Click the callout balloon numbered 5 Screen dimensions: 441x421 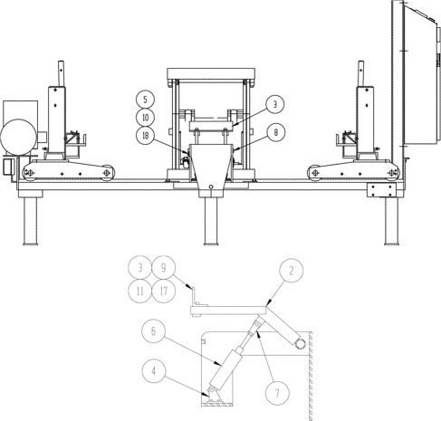click(x=145, y=100)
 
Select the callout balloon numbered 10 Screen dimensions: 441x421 click(x=145, y=118)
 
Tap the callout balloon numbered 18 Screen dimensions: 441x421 click(x=145, y=136)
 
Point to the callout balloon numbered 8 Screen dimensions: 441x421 click(x=275, y=132)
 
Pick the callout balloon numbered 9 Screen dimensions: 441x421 click(x=164, y=268)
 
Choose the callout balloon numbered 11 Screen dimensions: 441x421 click(x=139, y=291)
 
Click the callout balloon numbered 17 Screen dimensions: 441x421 click(x=164, y=291)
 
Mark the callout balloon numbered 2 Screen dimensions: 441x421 click(x=292, y=271)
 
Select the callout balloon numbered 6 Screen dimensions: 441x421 click(x=154, y=331)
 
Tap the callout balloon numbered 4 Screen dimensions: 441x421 click(x=154, y=371)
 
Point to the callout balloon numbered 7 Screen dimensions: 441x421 click(x=277, y=393)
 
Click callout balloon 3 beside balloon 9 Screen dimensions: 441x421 click(x=139, y=268)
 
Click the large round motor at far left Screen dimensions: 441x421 click(x=18, y=138)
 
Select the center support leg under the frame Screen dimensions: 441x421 click(x=211, y=221)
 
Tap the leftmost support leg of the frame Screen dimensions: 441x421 click(x=30, y=221)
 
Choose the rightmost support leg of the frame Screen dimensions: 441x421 click(x=391, y=221)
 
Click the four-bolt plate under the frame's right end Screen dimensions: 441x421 click(x=381, y=190)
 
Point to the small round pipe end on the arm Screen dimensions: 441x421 click(x=300, y=344)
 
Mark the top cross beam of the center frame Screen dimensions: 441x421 click(x=211, y=73)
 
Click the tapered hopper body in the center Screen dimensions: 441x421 click(x=211, y=170)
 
